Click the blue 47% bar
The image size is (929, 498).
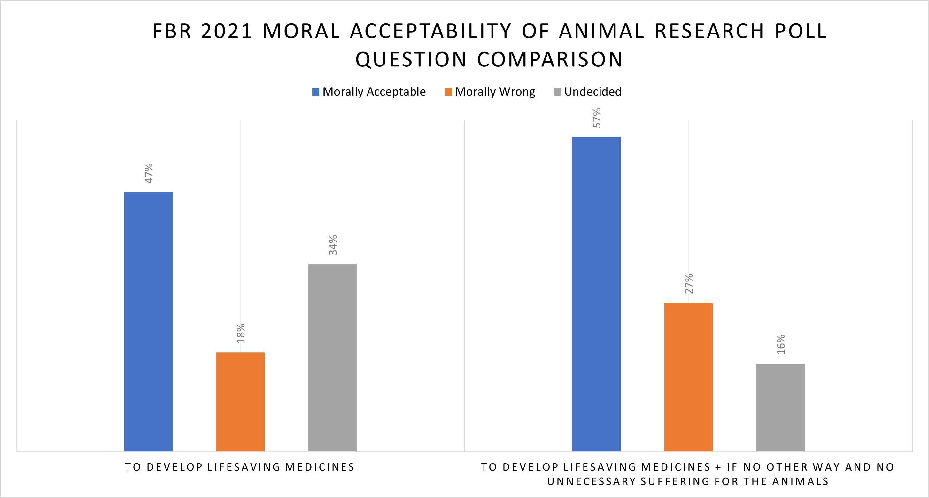(x=148, y=321)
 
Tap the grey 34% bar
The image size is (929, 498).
(x=332, y=357)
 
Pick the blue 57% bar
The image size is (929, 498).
(x=596, y=294)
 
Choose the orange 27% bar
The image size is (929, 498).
(x=688, y=377)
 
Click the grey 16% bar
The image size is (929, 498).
(x=780, y=407)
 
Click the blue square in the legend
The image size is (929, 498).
(x=315, y=92)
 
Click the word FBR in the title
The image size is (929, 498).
(x=172, y=31)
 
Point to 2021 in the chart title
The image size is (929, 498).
(x=227, y=31)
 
